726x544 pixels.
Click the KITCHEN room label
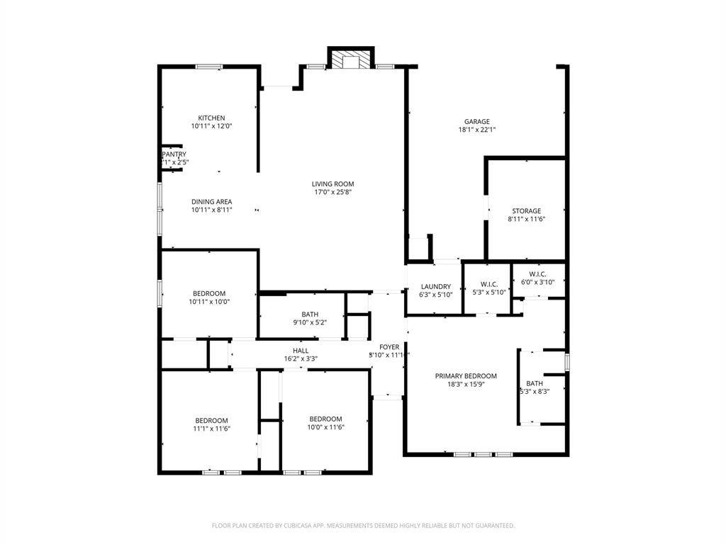211,118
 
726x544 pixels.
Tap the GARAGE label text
476,122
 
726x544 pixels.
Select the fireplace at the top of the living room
350,61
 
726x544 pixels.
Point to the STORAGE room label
527,211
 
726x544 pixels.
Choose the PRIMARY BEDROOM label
466,376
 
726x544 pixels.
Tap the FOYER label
389,347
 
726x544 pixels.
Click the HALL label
301,351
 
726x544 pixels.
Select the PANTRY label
174,154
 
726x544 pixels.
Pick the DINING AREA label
211,202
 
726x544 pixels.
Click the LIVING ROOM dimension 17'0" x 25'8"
333,192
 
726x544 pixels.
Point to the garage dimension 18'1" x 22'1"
476,130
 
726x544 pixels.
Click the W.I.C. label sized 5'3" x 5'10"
490,284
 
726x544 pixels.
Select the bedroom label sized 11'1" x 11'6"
211,420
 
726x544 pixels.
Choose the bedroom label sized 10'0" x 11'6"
325,419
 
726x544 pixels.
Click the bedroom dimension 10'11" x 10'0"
209,302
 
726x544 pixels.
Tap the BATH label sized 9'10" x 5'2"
310,314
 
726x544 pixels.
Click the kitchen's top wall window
209,67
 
